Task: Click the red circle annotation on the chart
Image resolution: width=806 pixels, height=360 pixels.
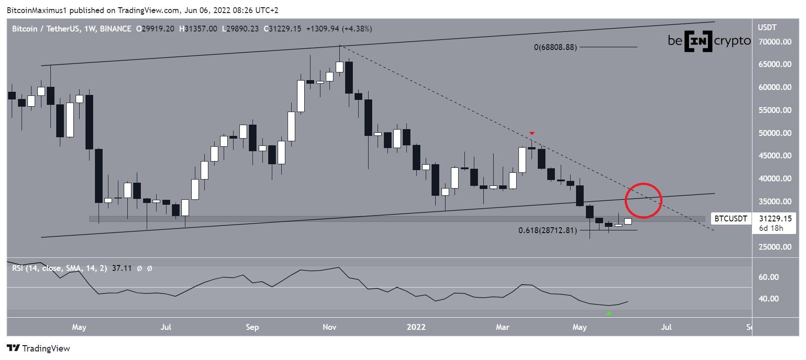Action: click(x=644, y=201)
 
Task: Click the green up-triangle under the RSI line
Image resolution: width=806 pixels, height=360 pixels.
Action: click(x=609, y=313)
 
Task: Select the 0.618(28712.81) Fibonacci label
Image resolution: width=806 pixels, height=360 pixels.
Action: click(x=547, y=230)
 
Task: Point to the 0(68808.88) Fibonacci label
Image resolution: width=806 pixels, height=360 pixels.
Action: click(x=555, y=47)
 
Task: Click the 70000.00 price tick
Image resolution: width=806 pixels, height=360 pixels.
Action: click(x=774, y=42)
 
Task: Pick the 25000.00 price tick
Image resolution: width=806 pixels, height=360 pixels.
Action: click(x=774, y=247)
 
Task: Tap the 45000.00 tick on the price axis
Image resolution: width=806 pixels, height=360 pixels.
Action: click(x=774, y=156)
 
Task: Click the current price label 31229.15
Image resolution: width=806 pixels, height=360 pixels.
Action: click(x=774, y=219)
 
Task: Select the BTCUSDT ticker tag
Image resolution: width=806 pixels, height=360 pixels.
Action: click(x=730, y=219)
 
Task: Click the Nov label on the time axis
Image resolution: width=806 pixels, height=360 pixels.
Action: click(x=329, y=327)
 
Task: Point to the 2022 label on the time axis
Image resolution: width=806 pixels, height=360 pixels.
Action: click(x=416, y=327)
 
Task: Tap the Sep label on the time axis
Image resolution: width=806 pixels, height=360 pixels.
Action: click(x=252, y=327)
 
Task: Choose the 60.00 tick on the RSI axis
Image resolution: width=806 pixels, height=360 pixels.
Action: click(x=768, y=277)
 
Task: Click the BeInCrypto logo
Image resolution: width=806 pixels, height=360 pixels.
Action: click(x=709, y=41)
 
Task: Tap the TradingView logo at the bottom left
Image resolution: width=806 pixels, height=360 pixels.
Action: click(x=39, y=348)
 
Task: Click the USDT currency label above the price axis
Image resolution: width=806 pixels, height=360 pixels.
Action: click(x=767, y=27)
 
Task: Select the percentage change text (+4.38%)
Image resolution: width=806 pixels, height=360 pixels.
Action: click(x=357, y=29)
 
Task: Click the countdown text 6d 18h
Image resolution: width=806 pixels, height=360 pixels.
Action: click(x=771, y=228)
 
